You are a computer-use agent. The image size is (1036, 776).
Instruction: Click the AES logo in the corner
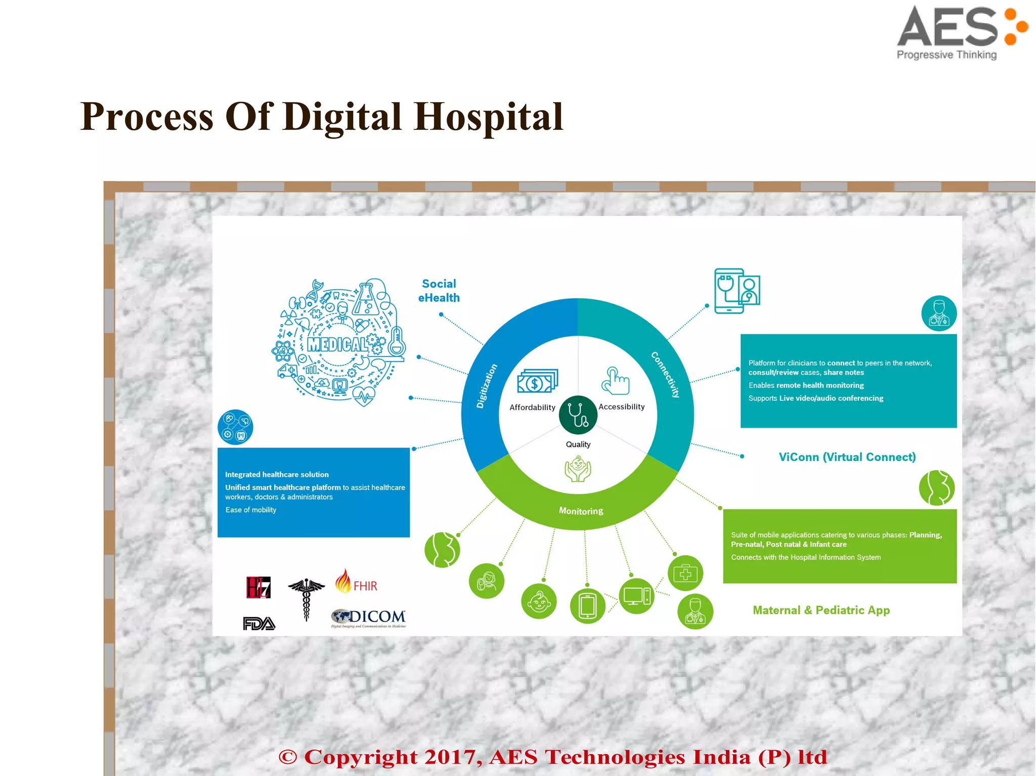(961, 31)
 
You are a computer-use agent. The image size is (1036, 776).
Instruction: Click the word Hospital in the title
(488, 117)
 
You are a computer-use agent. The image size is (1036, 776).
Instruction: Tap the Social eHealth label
(439, 291)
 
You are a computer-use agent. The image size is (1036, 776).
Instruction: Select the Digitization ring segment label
(487, 386)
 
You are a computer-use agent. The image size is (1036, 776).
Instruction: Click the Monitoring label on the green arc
(581, 511)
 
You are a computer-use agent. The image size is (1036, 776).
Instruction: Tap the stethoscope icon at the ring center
(578, 415)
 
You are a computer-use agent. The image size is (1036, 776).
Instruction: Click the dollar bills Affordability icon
(537, 382)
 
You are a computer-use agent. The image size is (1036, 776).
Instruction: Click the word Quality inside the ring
(578, 444)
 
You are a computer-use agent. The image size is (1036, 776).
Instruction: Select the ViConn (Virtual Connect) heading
(847, 457)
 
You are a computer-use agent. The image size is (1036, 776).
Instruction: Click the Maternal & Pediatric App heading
(821, 610)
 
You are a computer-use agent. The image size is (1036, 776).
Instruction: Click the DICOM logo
(369, 617)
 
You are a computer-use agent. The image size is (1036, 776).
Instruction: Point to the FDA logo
(259, 624)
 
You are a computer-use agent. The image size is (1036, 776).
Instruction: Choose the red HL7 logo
(258, 587)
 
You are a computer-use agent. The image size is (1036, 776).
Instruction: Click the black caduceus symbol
(306, 599)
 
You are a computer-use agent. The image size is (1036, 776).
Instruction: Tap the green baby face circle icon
(539, 601)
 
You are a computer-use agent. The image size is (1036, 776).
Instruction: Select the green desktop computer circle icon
(636, 596)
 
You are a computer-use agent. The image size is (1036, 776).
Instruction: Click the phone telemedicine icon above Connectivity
(737, 291)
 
